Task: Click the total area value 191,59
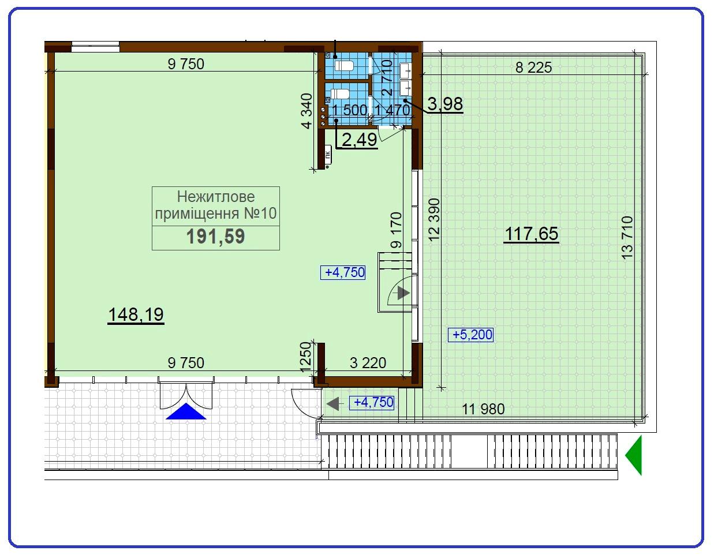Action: pos(215,237)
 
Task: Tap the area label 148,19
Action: pos(136,314)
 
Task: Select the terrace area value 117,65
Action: pos(532,234)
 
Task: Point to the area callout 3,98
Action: pos(445,104)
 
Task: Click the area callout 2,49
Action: pos(360,139)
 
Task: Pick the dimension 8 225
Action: pos(533,68)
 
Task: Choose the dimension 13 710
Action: pos(627,237)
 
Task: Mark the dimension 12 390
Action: pos(435,219)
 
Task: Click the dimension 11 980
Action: pos(483,409)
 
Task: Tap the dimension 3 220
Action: pos(368,363)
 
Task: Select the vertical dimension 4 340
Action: pos(308,110)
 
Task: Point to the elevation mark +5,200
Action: pos(471,335)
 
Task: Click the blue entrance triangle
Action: pos(186,411)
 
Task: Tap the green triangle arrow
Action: pos(634,455)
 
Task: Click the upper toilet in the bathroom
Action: pos(344,65)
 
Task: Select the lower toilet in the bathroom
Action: pos(341,94)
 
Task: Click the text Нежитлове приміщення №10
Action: pos(216,205)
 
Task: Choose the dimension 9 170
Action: pos(396,230)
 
